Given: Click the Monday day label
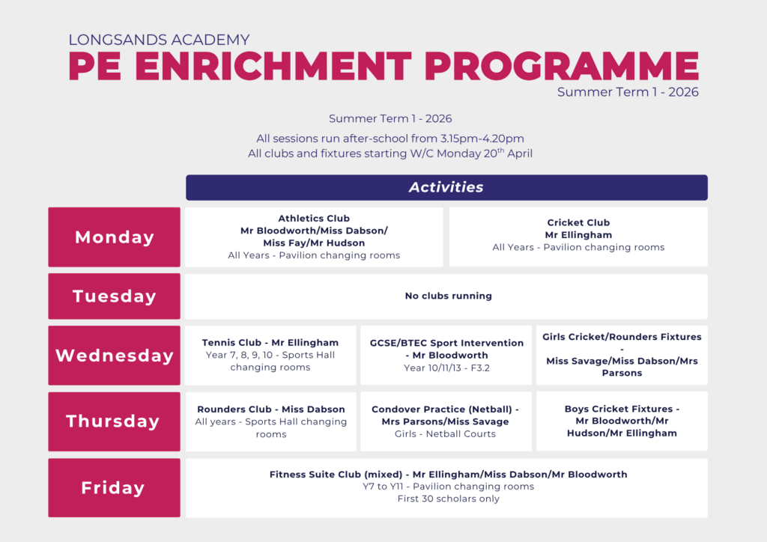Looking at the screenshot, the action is (114, 237).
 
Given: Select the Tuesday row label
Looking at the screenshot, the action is (114, 296).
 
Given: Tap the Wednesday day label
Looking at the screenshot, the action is (114, 356).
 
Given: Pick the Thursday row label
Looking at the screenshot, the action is (114, 421).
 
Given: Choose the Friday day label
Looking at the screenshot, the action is (114, 488).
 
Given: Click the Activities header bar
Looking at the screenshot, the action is (446, 188).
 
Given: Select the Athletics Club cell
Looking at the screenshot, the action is (314, 237).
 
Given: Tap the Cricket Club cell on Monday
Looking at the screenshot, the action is (579, 237).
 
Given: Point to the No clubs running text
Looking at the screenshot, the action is (449, 296).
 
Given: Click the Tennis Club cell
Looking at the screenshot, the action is (270, 356).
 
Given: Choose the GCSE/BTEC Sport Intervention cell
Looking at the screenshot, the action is (446, 356).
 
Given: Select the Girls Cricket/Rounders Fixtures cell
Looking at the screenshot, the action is (622, 356).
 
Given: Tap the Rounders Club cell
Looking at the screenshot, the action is (270, 421).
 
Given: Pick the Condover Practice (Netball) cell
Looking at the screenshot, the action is (446, 421).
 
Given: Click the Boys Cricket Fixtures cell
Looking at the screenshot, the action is (622, 421).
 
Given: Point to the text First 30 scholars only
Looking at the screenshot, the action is (449, 499).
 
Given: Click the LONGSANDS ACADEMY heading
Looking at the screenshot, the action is (159, 40).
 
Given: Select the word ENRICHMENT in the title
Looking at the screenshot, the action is (273, 65).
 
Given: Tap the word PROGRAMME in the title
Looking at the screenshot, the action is (562, 65).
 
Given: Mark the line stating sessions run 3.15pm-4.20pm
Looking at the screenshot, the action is (389, 138).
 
